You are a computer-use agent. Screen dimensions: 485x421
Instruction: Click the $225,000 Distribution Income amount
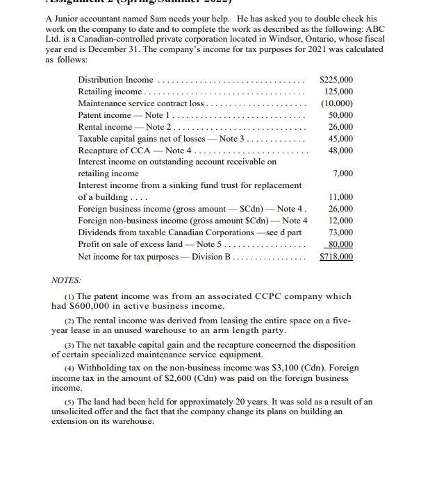coord(336,80)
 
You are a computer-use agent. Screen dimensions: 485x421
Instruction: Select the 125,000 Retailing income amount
coord(338,92)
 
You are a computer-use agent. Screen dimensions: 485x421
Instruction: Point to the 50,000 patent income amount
coord(340,115)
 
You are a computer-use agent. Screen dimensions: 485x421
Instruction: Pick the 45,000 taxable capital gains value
coord(340,138)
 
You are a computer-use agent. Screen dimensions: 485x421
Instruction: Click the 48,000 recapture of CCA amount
coord(340,150)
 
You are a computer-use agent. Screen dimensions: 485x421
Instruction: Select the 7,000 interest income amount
coord(342,173)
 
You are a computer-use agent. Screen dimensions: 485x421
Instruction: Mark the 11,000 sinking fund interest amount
coord(340,197)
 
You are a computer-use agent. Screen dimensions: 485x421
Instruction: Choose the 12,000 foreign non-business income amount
coord(340,221)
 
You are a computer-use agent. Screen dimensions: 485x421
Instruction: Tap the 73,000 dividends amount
coord(340,232)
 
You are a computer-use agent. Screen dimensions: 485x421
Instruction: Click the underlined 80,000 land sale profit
coord(340,244)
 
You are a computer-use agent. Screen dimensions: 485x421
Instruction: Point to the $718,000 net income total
coord(336,257)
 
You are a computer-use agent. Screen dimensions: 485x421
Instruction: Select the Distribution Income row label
coord(115,80)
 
